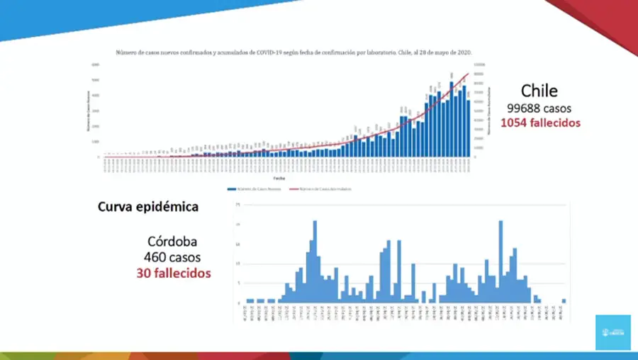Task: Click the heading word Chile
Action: point(539,91)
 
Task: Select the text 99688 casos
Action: point(539,108)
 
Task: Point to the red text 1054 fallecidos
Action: point(540,123)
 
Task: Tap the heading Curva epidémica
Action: point(147,208)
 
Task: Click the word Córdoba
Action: point(173,240)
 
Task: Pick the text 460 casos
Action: point(173,256)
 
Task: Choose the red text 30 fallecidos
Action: point(174,272)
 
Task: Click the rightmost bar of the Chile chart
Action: point(469,128)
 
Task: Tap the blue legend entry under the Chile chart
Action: point(253,189)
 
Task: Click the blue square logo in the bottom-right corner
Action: point(612,332)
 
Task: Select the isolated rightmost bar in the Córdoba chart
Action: point(564,300)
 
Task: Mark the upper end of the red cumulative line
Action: point(468,74)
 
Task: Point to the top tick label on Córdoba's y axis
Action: point(238,205)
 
